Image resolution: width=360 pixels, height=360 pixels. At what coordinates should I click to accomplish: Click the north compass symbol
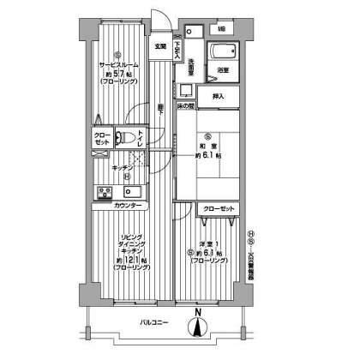[198, 327]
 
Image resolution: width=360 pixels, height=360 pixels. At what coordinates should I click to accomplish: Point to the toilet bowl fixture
[125, 138]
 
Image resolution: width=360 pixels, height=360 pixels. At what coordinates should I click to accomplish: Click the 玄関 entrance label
[160, 47]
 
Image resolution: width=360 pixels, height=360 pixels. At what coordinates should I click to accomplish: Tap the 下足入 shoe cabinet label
[178, 50]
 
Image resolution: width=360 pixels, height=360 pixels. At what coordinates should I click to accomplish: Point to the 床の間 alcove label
[188, 105]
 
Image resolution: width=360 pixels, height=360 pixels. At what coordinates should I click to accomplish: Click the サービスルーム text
[119, 65]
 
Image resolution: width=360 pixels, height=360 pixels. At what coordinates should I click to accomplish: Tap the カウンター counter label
[128, 207]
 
